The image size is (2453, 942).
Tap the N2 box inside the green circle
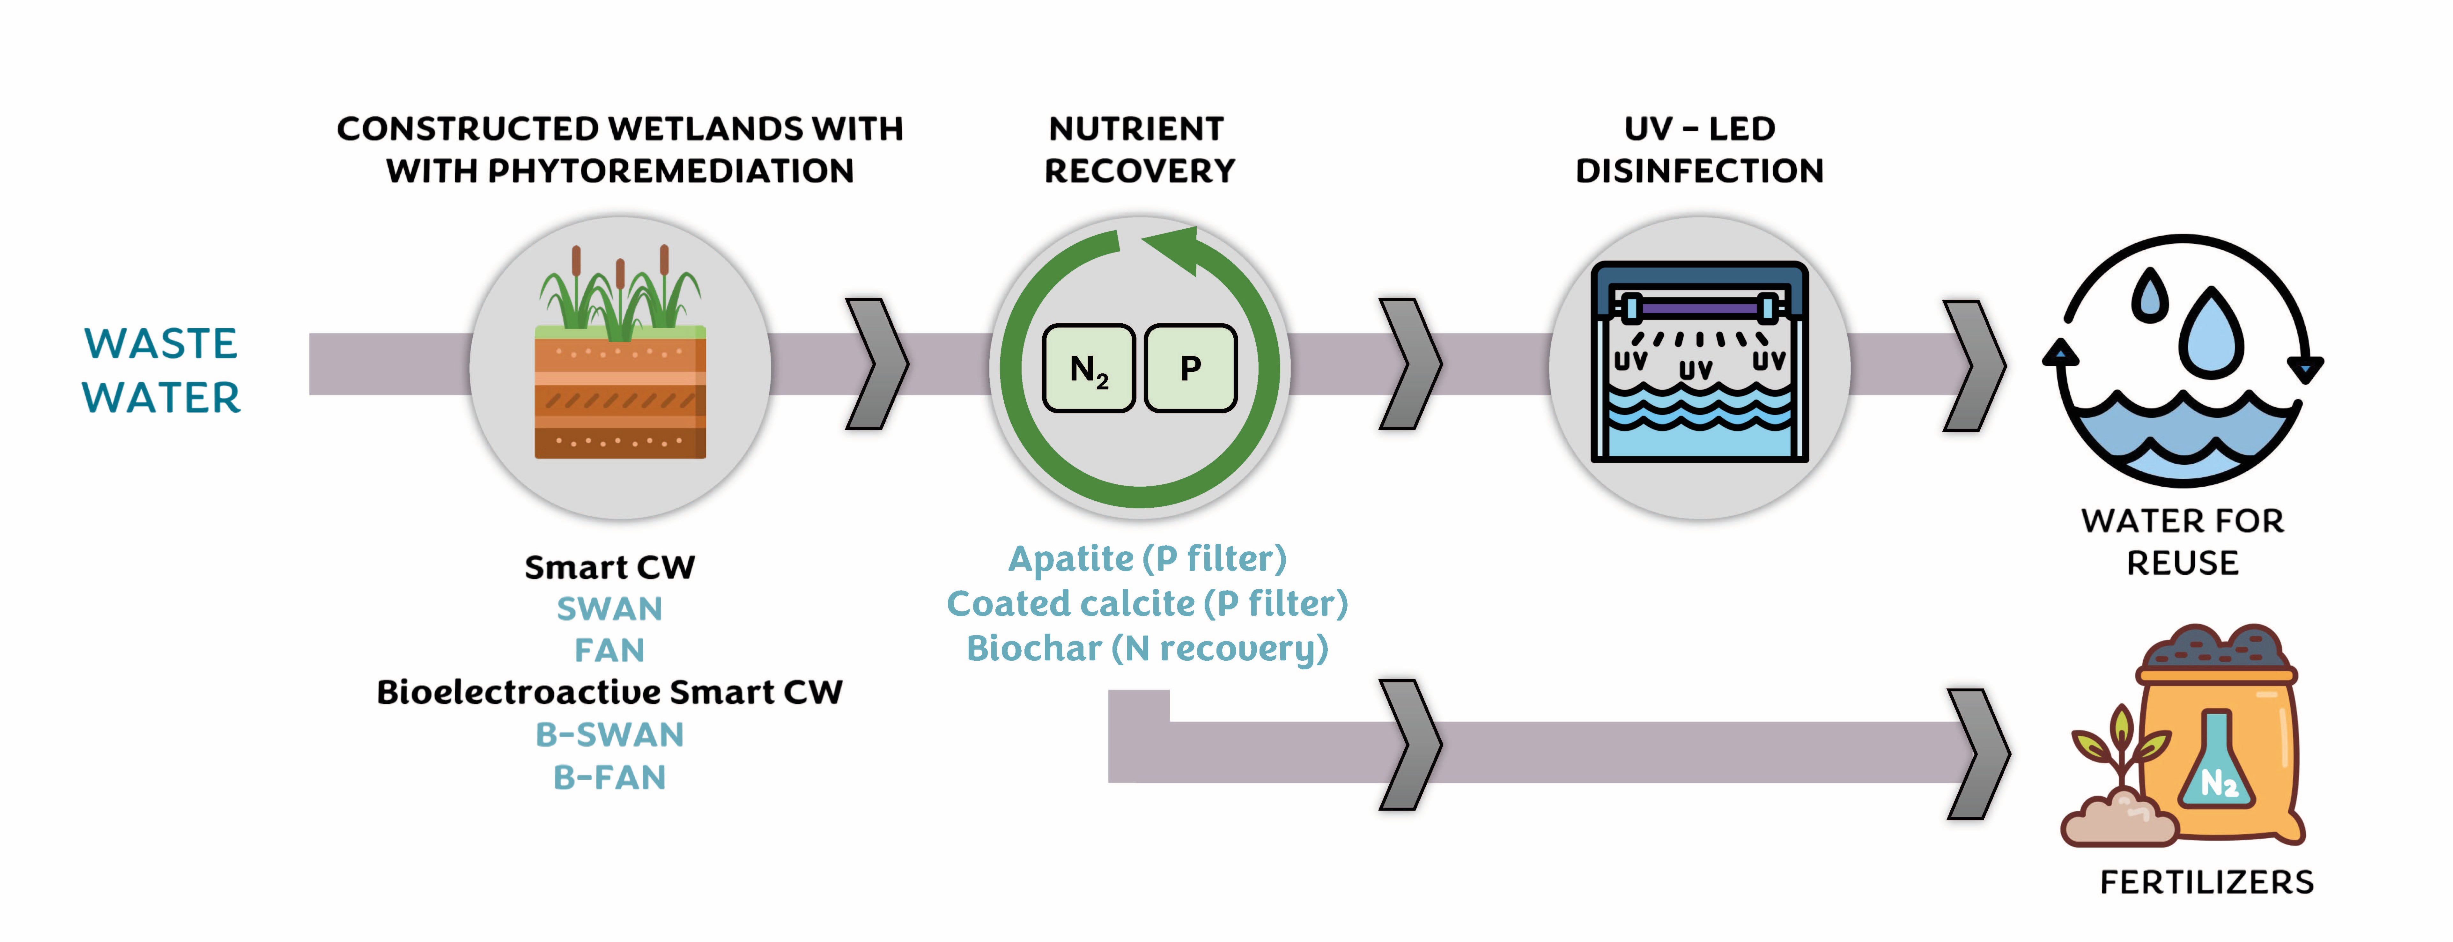point(1089,369)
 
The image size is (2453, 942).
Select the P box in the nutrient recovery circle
point(1190,369)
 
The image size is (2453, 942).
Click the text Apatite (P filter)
point(1148,558)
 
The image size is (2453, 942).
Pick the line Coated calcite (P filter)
point(1148,603)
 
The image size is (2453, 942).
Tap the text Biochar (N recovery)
point(1148,648)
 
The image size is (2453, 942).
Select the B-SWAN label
point(610,734)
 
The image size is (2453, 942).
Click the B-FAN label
point(610,777)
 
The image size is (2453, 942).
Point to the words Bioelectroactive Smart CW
point(610,691)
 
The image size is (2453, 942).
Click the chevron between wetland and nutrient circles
point(877,364)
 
